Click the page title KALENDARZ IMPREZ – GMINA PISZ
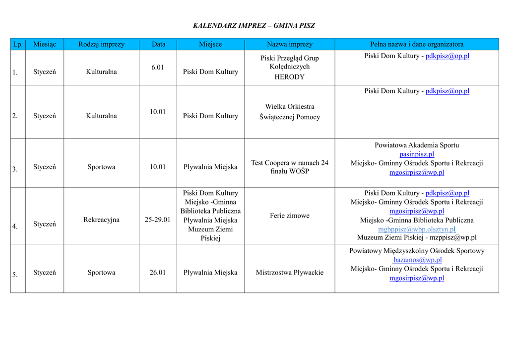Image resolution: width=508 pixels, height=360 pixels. pos(254,26)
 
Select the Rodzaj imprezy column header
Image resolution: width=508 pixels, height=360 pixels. pos(101,44)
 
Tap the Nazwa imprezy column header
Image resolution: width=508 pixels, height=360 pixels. pos(289,44)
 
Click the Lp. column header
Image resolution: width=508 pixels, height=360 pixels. pos(18,44)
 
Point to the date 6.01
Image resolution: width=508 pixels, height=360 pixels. pos(157,68)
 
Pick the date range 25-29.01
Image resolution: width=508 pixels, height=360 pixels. pos(157,219)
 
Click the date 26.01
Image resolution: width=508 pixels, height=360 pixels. pos(157,272)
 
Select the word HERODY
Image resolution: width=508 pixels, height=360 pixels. pos(289,77)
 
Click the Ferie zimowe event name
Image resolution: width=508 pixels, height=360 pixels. pos(289,216)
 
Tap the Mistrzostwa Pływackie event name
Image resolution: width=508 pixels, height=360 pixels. pos(289,272)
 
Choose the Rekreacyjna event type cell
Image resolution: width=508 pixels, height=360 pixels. pos(101,219)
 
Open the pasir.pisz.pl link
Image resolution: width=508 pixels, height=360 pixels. pos(417,154)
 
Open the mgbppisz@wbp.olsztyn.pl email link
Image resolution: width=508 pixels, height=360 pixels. pos(417,229)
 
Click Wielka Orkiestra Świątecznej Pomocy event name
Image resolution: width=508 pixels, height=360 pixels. pos(289,112)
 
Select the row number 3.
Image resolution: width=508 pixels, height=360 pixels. pos(15,169)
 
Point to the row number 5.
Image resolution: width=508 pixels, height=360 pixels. pos(15,275)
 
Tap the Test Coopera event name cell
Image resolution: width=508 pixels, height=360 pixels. pos(289,167)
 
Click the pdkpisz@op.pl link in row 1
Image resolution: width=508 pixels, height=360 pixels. pos(447,56)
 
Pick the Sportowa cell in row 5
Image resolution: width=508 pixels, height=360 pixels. pos(101,272)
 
